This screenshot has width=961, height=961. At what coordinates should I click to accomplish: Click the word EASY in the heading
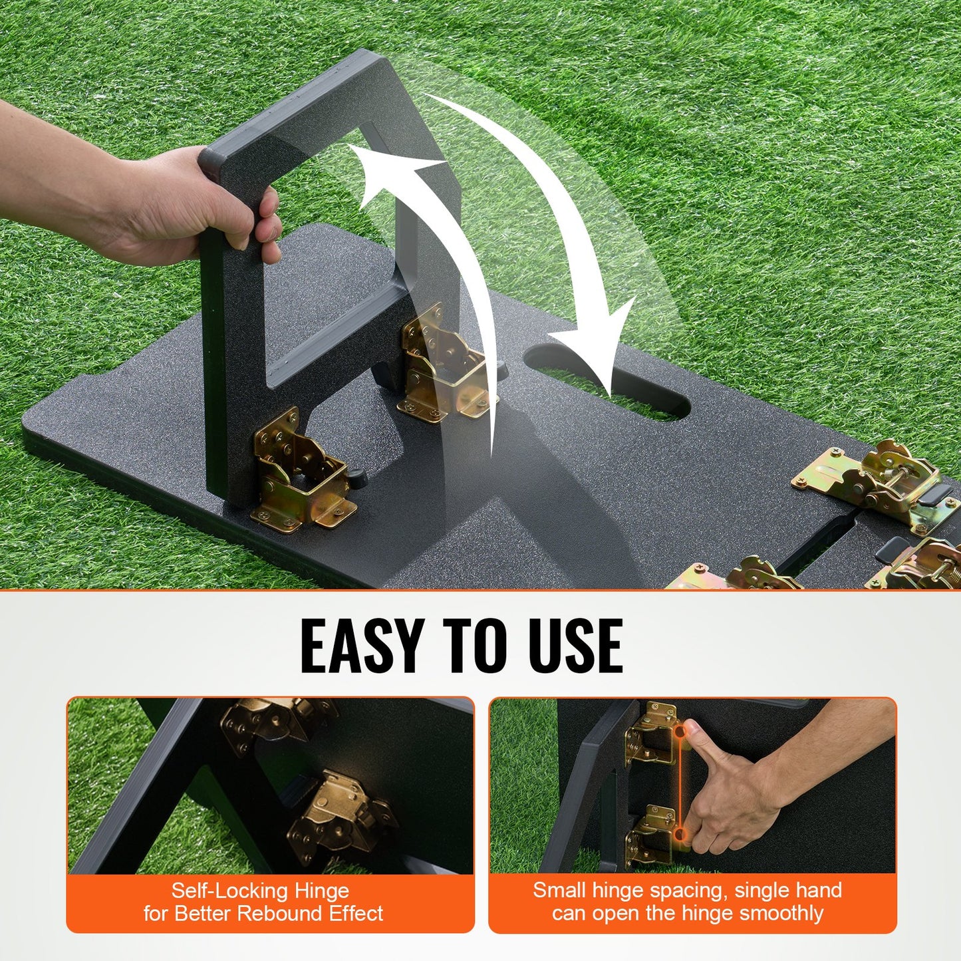362,646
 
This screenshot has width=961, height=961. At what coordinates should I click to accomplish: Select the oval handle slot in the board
605,382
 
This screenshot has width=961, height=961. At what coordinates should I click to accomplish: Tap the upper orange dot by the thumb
680,732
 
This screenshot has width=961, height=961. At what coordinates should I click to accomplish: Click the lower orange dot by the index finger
680,833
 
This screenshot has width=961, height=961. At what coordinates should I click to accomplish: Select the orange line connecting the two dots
680,783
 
